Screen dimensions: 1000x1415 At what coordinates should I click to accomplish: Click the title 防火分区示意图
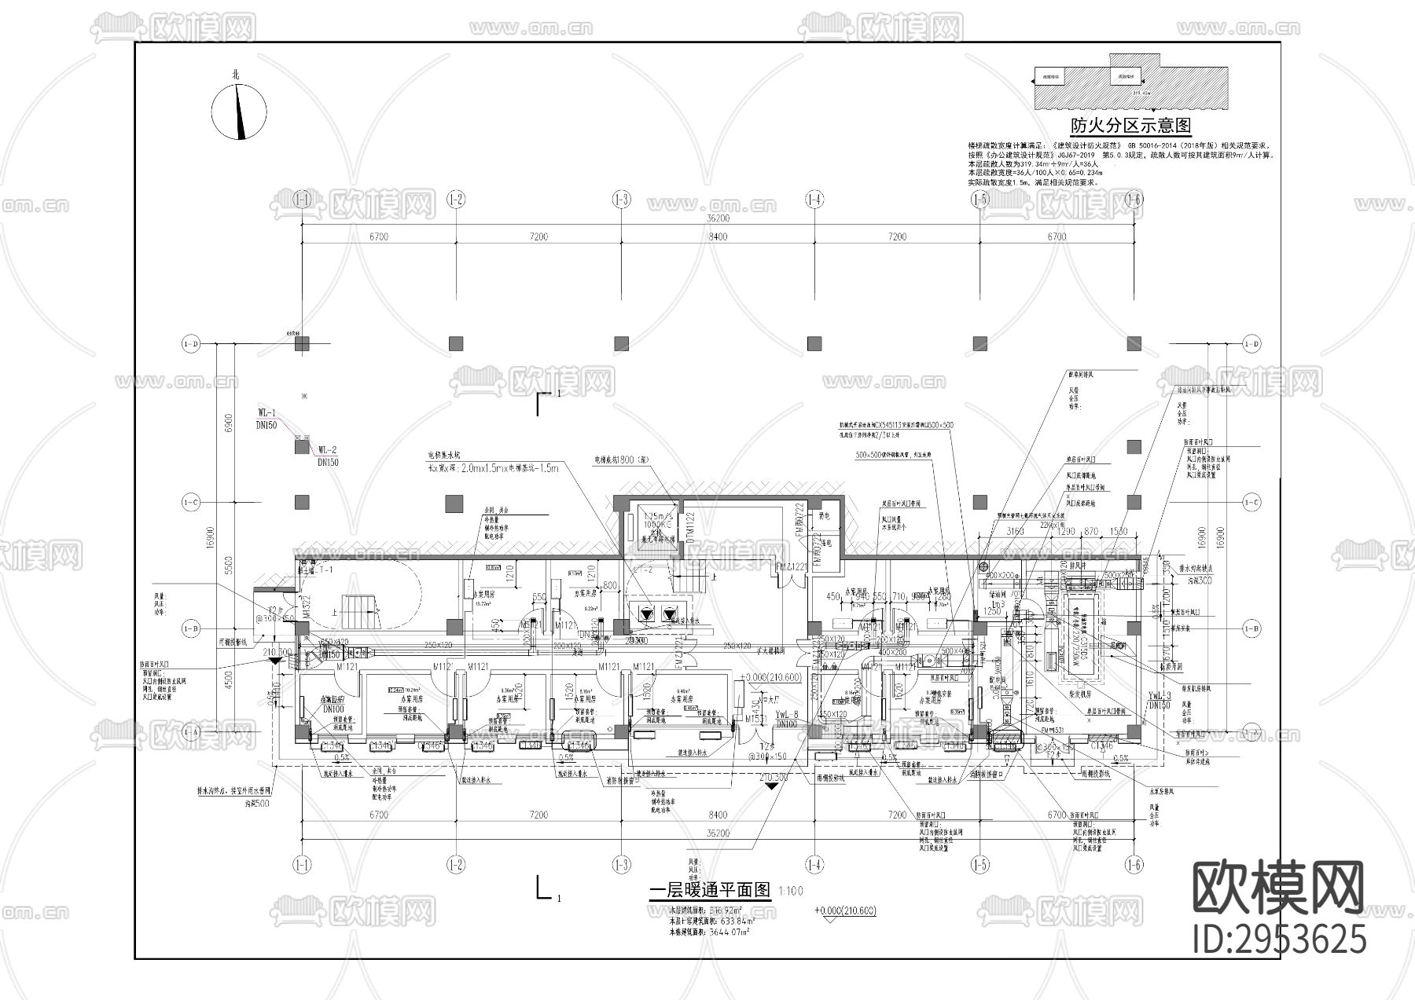tap(1131, 126)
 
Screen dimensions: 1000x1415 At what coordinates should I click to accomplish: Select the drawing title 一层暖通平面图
tap(711, 890)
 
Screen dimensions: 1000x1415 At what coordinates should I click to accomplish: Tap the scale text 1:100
tap(791, 891)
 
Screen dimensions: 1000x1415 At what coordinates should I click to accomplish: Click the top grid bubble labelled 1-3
tap(621, 200)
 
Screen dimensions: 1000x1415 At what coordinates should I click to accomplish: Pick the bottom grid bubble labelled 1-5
tap(979, 865)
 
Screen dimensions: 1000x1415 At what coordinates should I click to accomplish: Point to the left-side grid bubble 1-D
tap(190, 344)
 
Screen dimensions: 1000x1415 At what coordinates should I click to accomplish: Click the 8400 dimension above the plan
tap(718, 236)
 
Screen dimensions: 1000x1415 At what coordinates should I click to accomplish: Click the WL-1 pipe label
tap(266, 412)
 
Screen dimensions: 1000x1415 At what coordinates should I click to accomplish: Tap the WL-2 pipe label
tap(327, 450)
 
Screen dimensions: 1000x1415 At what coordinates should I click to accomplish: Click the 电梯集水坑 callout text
tap(444, 455)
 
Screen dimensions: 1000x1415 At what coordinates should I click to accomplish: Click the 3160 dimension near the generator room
tap(1016, 532)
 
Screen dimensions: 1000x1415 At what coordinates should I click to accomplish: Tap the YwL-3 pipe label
tap(1160, 695)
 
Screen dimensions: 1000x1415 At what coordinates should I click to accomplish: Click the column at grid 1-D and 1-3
tap(621, 343)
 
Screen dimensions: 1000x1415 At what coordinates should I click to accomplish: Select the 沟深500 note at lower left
tap(256, 804)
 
